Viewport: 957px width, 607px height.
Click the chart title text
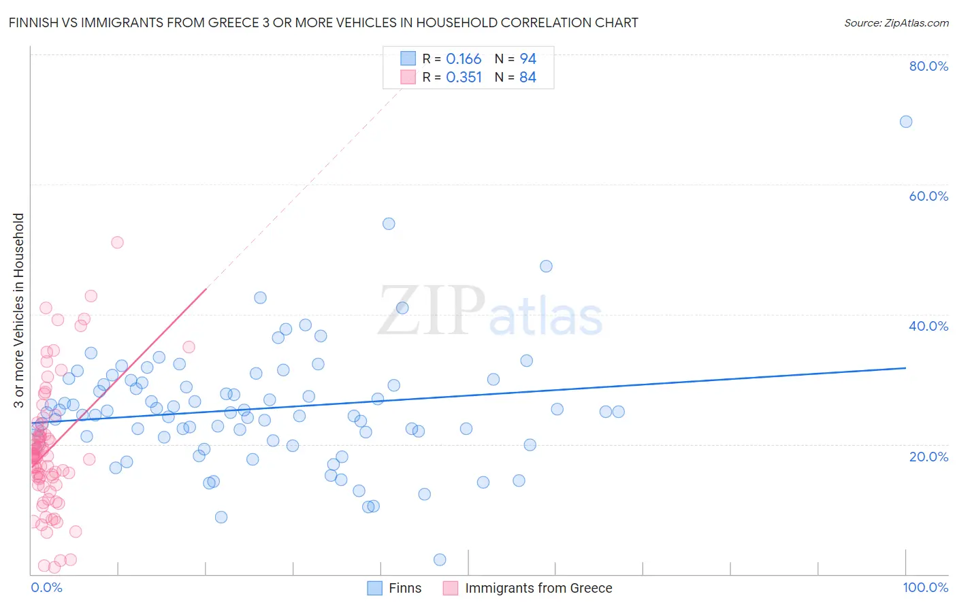click(323, 22)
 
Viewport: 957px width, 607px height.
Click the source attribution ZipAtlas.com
click(896, 22)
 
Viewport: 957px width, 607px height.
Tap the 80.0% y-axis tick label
click(928, 66)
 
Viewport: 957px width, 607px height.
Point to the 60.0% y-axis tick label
click(928, 196)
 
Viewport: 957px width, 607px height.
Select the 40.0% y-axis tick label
click(928, 326)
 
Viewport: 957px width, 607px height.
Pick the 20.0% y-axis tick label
click(928, 457)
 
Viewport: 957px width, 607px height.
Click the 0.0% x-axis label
click(46, 588)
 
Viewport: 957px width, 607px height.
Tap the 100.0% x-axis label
click(925, 588)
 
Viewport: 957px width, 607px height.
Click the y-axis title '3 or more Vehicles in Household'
click(18, 310)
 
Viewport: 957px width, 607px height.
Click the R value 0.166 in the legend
click(464, 59)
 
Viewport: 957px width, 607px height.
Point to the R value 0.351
click(464, 78)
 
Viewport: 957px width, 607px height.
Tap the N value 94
click(528, 59)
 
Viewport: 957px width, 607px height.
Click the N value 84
click(528, 78)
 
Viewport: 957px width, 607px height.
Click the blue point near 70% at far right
click(906, 122)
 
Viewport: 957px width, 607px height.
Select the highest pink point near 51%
click(117, 242)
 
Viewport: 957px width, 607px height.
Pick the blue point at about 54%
click(389, 224)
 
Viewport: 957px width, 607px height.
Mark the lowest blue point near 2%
click(440, 559)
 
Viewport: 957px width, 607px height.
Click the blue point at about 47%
click(546, 266)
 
